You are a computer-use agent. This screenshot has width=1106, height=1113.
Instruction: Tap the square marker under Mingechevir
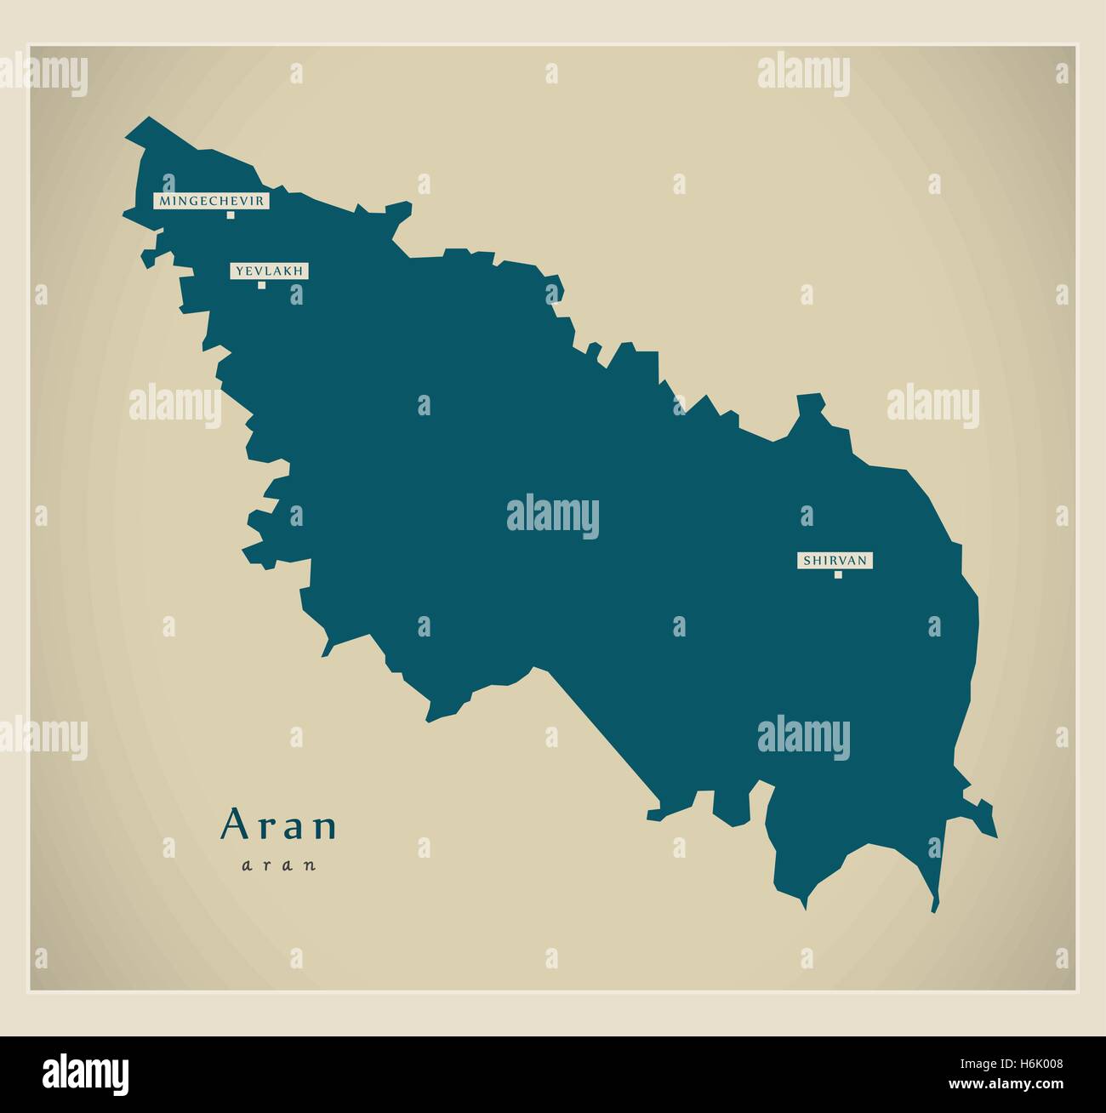(230, 215)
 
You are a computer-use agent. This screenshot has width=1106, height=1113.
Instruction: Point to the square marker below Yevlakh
(262, 285)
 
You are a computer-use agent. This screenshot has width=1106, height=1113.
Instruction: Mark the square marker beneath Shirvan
(838, 574)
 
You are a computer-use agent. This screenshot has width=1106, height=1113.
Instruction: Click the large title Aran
(279, 825)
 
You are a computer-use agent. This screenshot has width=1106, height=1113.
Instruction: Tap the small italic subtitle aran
(279, 865)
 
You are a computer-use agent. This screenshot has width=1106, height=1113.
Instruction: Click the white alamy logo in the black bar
(86, 1071)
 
